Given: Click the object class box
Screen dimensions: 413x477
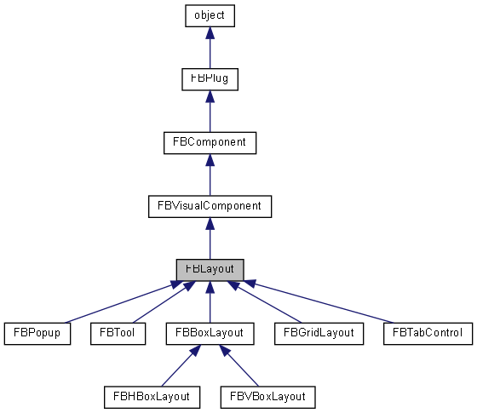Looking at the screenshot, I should tap(210, 15).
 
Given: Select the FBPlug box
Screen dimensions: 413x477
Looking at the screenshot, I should tap(210, 78).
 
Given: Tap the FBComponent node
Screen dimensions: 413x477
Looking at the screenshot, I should tap(210, 142).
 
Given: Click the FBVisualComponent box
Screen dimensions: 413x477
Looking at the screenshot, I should tap(210, 206).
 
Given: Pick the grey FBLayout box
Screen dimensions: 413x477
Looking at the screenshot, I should tap(210, 269).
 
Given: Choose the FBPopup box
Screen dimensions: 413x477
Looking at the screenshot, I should tap(36, 333).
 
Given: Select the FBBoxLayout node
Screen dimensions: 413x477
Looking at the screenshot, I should tap(210, 333).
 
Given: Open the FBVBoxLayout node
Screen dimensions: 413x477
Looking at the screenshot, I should tap(267, 397).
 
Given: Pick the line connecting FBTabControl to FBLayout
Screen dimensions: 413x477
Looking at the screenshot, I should tap(324, 302).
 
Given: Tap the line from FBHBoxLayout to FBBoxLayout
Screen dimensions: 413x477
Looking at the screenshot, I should tap(180, 365).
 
